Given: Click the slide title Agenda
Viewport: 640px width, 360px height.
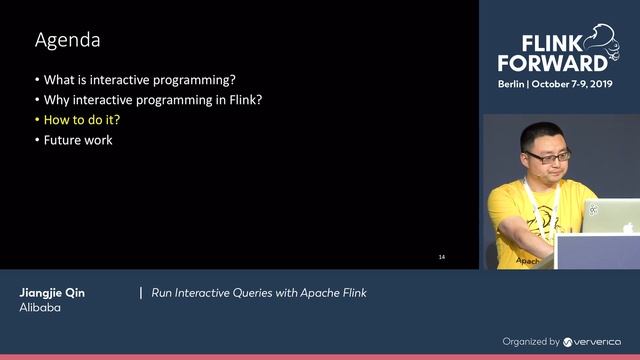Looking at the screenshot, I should click(x=68, y=41).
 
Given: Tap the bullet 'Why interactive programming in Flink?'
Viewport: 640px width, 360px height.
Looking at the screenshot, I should click(x=152, y=100).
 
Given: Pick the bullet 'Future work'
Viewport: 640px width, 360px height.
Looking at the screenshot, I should click(x=77, y=140).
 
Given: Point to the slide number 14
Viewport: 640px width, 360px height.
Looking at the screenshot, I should click(x=442, y=257).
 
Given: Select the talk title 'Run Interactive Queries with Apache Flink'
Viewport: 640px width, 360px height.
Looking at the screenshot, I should click(x=259, y=293).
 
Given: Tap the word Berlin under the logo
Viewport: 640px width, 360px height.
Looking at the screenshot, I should click(x=516, y=86).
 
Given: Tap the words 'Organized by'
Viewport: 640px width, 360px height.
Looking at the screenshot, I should click(x=531, y=341).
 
